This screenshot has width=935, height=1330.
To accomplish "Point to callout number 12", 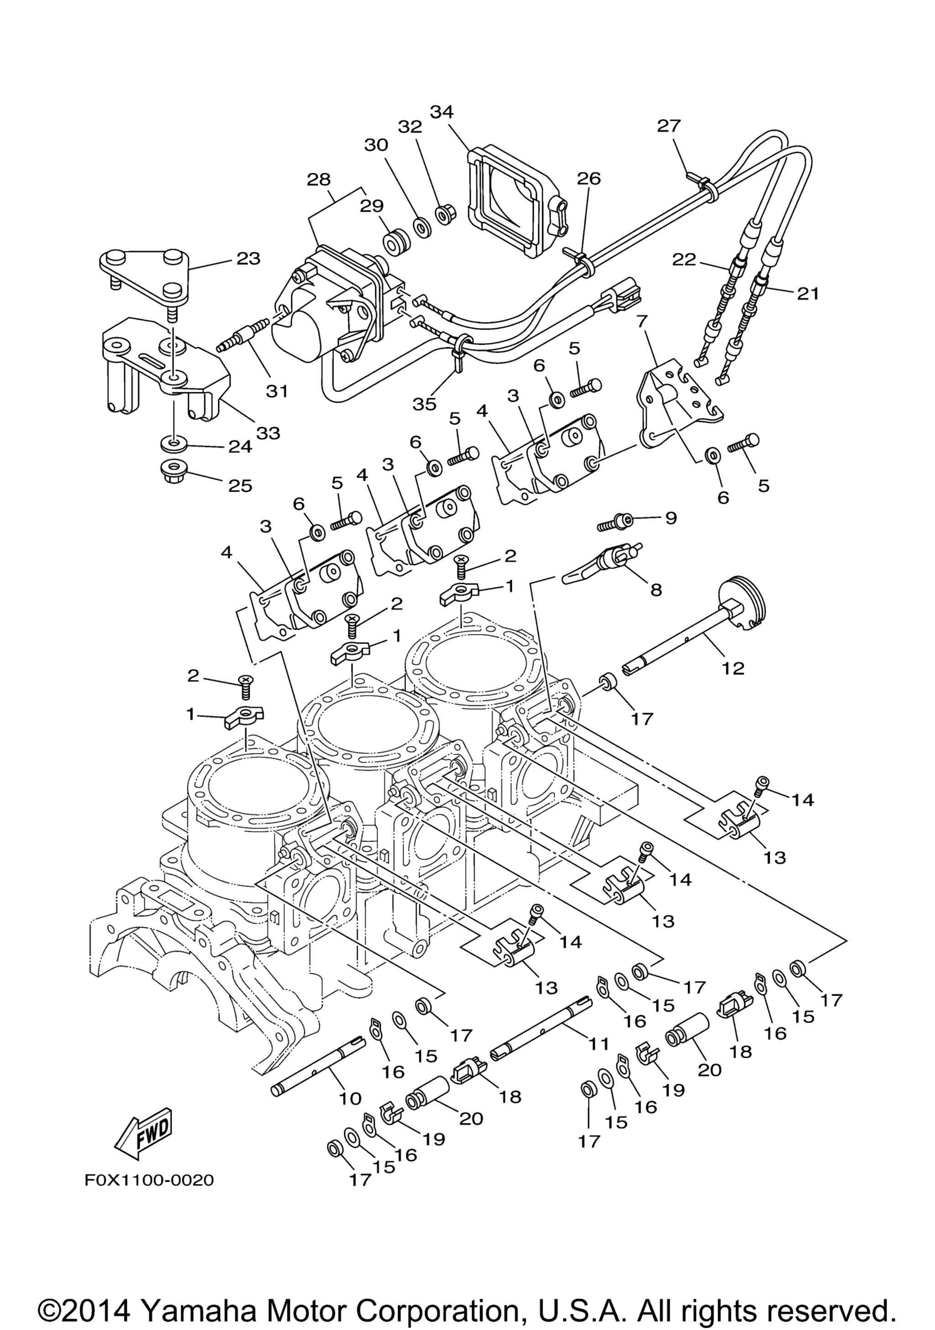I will pos(733,668).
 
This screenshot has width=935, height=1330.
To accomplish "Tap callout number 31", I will pos(277,392).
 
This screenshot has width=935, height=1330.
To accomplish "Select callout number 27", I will pos(669,126).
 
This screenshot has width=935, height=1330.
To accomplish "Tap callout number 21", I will pos(808,294).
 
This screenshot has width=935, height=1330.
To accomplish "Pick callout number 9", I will pos(670,518).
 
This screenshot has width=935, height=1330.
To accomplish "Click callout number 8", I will pos(656,590).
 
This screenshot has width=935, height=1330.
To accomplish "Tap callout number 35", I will pos(424,404).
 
